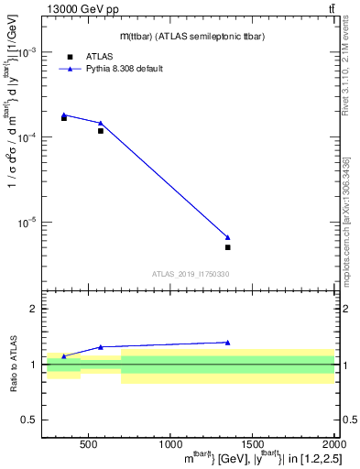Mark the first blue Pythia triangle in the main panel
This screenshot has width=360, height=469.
[63, 115]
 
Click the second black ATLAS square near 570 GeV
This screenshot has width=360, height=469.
[101, 131]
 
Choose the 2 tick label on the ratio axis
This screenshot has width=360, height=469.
[34, 310]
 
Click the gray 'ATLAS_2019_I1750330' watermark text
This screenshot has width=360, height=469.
[191, 274]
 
